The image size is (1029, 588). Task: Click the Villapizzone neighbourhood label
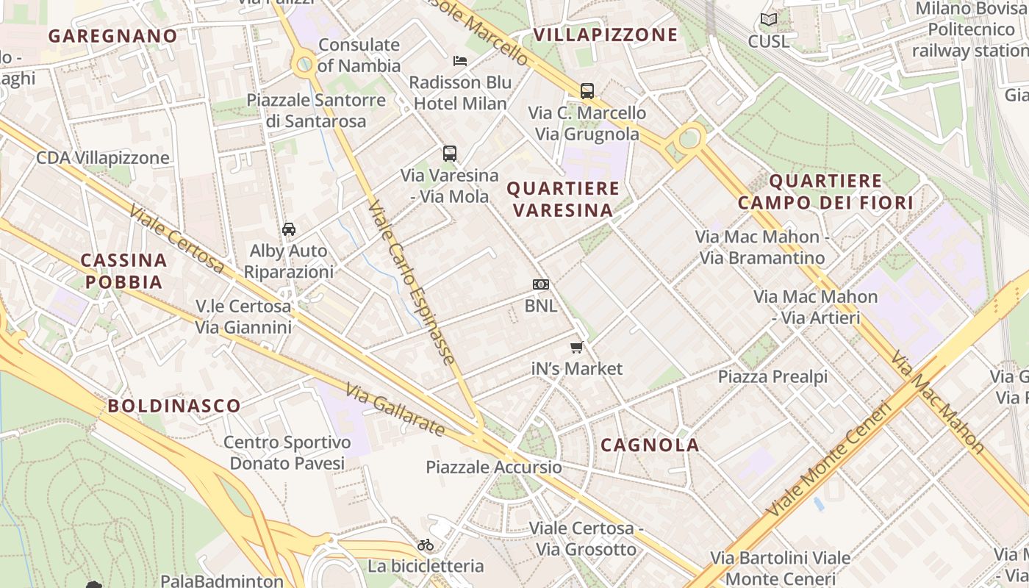point(606,35)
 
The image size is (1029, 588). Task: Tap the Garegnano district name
point(113,35)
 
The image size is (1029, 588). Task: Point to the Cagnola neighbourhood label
point(650,445)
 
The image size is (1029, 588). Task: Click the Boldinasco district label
point(174,406)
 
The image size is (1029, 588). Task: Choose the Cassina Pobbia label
point(123,270)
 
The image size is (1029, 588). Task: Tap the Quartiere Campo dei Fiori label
point(825,192)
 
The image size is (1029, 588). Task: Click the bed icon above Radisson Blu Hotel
point(460,60)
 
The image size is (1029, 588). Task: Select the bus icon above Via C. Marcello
point(587,91)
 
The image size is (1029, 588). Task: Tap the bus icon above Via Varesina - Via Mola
point(450,154)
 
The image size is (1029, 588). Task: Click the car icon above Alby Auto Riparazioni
point(289,229)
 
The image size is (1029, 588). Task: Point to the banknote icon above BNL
point(541,284)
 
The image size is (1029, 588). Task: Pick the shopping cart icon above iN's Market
point(577,347)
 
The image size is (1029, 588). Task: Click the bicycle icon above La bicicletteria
point(426,545)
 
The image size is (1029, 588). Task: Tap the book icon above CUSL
point(769,20)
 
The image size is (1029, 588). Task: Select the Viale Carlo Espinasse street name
point(412,283)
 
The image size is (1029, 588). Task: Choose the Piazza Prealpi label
point(772,377)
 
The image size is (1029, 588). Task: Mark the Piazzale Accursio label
point(494,467)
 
